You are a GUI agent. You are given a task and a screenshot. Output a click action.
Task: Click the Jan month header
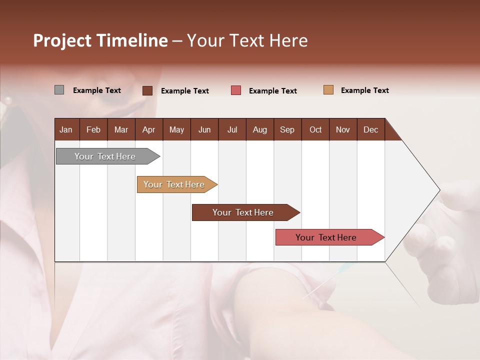(66, 129)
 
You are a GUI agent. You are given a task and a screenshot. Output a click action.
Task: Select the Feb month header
(93, 129)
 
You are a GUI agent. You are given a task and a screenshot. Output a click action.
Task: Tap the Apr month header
(148, 129)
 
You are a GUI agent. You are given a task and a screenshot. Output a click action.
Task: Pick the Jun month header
(204, 129)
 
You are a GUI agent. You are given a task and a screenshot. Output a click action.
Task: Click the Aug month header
(259, 129)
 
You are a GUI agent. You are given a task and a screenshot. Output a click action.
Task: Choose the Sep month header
(287, 129)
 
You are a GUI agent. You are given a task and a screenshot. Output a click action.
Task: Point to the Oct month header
(315, 129)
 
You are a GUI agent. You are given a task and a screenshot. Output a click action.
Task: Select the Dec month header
(370, 129)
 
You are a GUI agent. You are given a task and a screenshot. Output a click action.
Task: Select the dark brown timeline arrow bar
(243, 212)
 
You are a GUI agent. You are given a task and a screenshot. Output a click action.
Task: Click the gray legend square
(59, 90)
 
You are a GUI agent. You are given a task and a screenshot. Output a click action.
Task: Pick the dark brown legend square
(147, 90)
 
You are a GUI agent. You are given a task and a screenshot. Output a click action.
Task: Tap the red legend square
(236, 90)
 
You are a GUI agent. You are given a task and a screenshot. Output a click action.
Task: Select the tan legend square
(328, 90)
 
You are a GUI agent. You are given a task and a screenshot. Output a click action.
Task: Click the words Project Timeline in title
(100, 40)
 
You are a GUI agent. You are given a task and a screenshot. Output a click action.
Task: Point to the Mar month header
(121, 129)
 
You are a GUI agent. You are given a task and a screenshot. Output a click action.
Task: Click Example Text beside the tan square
(364, 90)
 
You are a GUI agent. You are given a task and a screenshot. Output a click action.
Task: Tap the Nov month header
(342, 129)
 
